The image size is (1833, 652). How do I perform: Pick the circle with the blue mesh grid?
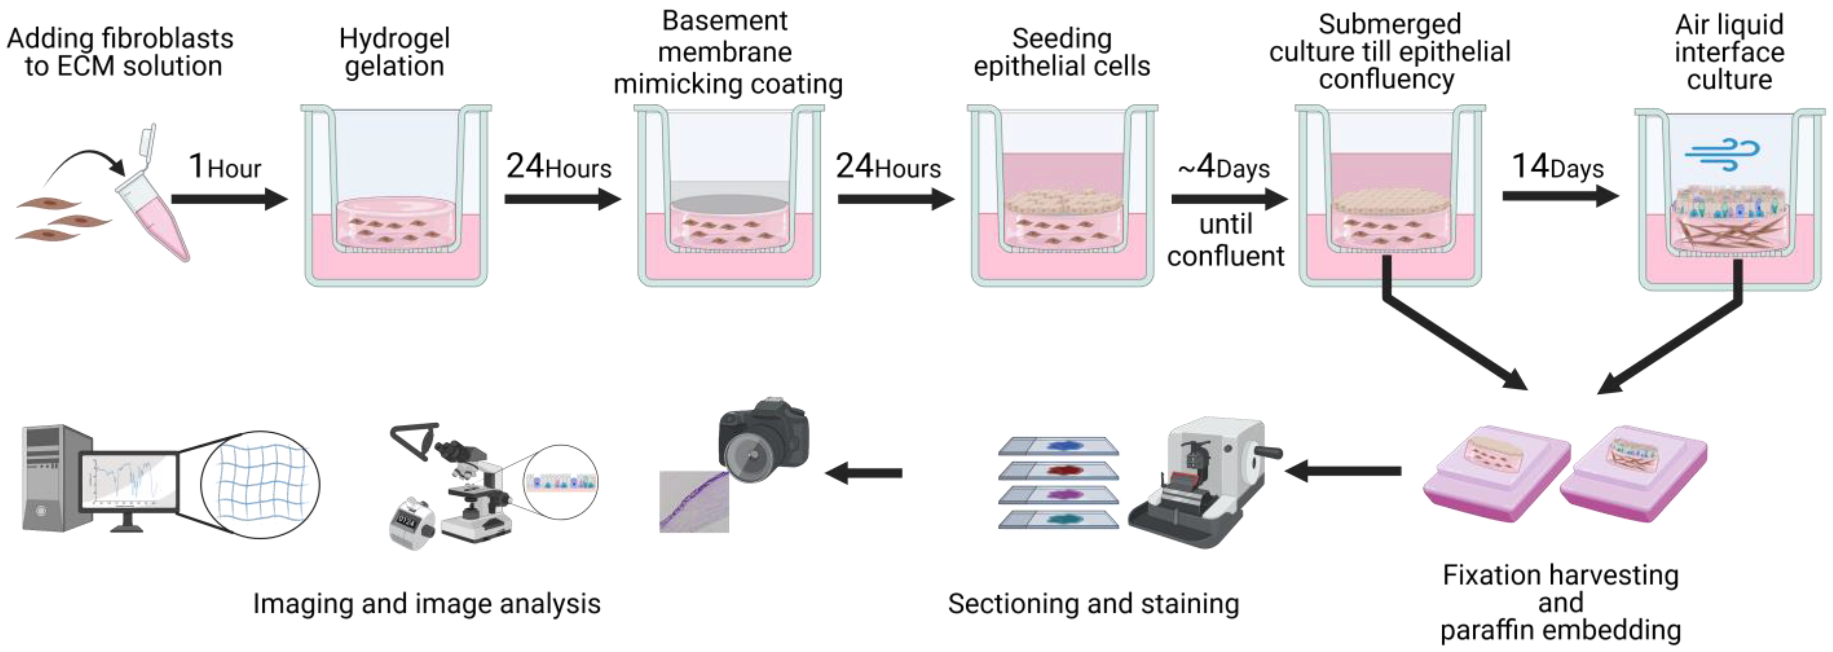pyautogui.click(x=260, y=484)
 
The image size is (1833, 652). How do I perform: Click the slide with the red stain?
pyautogui.click(x=1058, y=471)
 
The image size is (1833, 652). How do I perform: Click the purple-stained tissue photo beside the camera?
pyautogui.click(x=694, y=501)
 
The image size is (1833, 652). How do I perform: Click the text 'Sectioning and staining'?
pyautogui.click(x=1093, y=604)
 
